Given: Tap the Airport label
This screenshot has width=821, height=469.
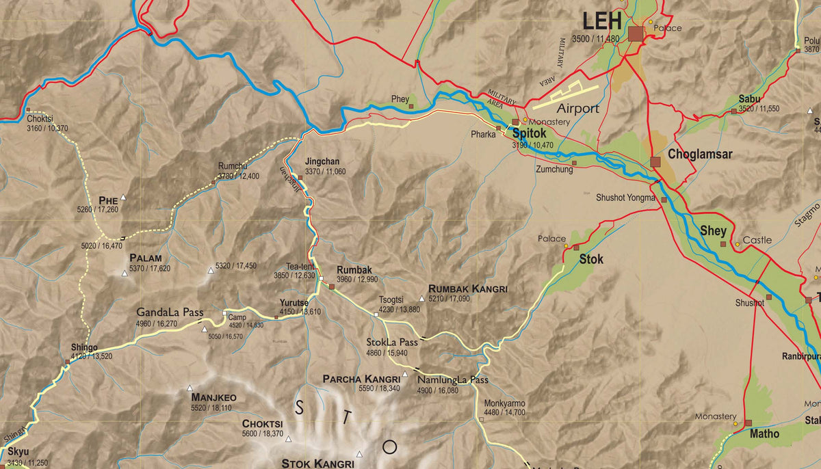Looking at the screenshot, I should [x=577, y=109].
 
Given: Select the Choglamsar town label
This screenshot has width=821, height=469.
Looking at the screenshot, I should [x=700, y=155].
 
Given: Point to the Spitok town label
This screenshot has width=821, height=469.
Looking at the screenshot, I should [x=529, y=134].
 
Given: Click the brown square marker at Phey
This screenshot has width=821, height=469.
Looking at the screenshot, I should [x=411, y=106].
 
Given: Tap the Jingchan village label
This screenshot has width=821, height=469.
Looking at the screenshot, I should [x=322, y=161].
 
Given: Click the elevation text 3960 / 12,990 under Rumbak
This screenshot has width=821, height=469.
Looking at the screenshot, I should [x=356, y=280].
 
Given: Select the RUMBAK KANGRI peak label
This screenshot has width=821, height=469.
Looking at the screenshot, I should [x=467, y=289].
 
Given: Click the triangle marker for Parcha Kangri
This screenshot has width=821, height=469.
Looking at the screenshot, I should [x=405, y=374].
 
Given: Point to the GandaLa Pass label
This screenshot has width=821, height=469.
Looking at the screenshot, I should [x=170, y=312].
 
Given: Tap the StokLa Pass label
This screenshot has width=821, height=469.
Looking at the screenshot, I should [x=391, y=342].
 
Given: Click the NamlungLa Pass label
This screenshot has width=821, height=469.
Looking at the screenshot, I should [x=452, y=380].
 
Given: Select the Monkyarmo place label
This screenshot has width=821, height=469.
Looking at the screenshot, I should [x=504, y=403].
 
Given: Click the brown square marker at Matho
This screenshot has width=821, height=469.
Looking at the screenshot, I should [x=748, y=423].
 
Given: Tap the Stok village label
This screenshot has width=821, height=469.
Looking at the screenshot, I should [x=591, y=259].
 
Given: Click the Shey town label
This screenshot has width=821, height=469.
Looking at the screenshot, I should [x=713, y=231].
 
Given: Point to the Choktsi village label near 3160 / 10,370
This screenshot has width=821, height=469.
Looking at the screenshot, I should [x=40, y=118].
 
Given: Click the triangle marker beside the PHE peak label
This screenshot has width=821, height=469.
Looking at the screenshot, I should [x=124, y=198].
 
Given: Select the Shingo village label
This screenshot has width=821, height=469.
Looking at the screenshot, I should [x=83, y=347].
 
